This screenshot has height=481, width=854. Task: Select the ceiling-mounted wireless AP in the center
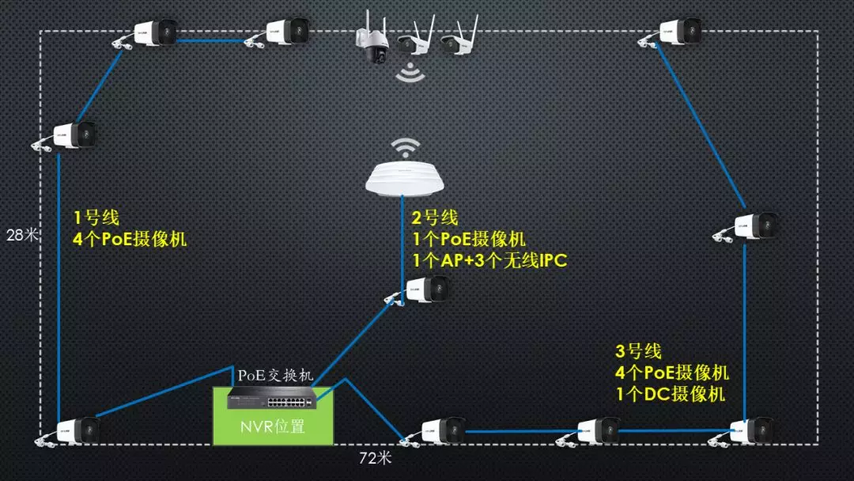coord(406,178)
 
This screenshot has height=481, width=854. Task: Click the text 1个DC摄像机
coord(670,393)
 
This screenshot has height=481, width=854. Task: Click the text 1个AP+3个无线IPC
coord(490,260)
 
